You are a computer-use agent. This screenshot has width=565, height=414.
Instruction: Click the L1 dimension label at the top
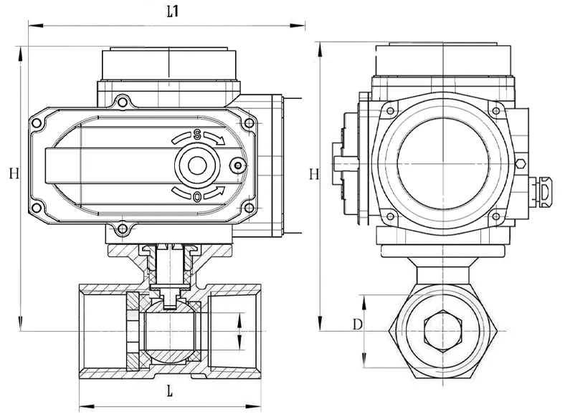point(172,11)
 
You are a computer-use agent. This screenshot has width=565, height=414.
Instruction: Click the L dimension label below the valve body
point(169,391)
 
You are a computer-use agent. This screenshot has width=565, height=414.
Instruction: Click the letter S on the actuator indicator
point(196,134)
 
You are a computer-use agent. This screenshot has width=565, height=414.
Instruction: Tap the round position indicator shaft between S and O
point(196,165)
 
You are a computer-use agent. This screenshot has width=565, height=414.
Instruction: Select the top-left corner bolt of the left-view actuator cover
point(37,124)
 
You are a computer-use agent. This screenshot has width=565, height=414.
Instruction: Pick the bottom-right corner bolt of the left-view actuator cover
point(249,208)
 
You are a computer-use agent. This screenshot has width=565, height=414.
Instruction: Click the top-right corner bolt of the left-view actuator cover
point(249,123)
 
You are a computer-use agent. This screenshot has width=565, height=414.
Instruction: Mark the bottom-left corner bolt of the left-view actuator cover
point(37,208)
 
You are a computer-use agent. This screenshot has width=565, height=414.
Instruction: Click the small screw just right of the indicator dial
point(238,166)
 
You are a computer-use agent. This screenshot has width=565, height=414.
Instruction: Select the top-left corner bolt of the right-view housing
point(391,109)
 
